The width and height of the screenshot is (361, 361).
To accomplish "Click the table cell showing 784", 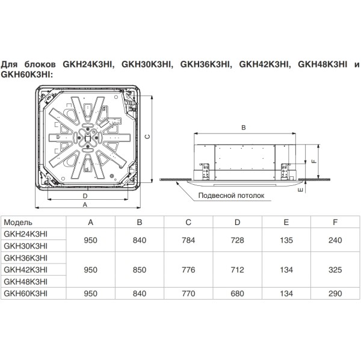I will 188,239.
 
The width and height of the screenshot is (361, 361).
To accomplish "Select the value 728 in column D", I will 237,239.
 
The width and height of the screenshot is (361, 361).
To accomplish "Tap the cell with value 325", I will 335,270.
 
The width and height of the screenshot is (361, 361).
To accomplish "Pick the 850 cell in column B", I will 140,270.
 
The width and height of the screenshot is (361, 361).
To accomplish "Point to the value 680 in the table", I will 237,293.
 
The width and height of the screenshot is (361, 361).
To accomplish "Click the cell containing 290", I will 335,293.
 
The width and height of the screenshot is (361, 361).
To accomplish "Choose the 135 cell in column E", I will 286,239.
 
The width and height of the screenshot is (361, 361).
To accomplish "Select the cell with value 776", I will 188,270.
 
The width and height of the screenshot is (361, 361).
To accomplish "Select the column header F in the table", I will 335,223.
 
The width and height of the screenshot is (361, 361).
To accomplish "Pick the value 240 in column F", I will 335,239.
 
